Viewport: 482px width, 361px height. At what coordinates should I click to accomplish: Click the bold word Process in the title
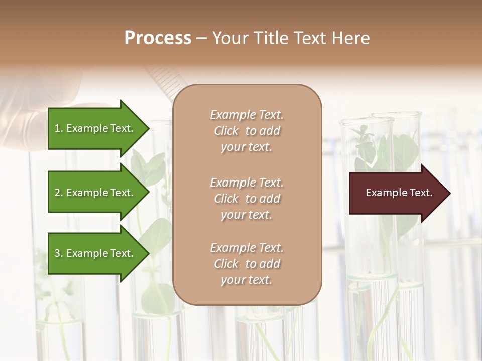[158, 38]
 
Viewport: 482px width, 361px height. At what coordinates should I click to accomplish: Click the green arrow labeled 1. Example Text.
[95, 128]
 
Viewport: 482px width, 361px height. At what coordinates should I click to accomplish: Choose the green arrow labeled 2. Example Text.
[95, 193]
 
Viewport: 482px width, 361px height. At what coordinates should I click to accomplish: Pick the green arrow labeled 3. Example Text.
[95, 253]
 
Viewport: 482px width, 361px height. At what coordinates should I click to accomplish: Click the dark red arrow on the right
[397, 193]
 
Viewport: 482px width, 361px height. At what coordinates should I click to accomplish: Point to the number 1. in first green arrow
[59, 128]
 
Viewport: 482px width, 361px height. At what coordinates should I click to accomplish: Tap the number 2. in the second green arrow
[59, 193]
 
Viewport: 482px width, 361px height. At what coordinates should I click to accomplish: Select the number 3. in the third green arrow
[59, 253]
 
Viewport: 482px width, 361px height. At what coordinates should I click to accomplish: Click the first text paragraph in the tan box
[247, 131]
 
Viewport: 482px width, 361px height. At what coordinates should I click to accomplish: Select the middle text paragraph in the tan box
[247, 199]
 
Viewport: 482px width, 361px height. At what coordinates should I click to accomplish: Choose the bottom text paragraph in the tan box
[247, 264]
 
